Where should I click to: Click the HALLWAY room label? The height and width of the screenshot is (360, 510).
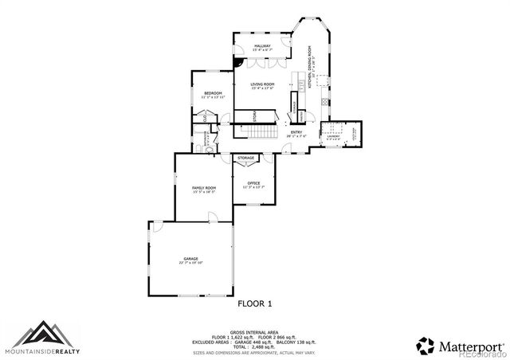coord(262,46)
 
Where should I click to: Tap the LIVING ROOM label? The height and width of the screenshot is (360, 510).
coord(262,85)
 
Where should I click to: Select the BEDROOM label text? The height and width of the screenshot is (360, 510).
coord(212,94)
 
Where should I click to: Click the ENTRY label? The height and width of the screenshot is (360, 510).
coord(296,132)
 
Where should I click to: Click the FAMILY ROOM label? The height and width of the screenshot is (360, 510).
coord(204,188)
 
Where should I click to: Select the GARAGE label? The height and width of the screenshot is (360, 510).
coord(190,259)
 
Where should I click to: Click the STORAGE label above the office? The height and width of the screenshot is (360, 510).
coord(246,158)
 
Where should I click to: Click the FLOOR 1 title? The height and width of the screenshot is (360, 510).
coord(255,303)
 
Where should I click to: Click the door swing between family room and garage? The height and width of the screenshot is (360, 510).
coord(211,216)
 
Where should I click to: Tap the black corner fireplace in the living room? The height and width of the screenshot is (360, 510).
coord(237,61)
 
